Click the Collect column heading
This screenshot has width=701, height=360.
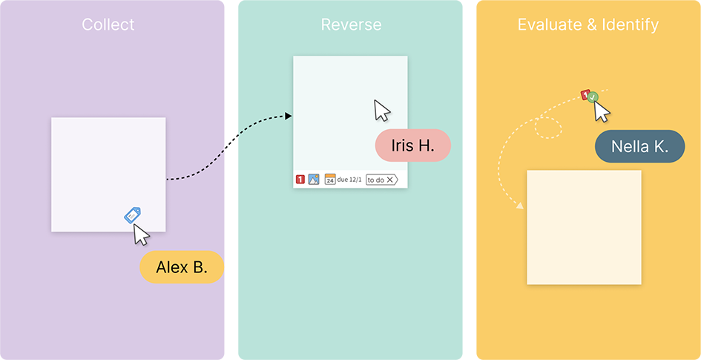click(x=108, y=24)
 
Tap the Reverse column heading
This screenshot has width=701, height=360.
click(x=351, y=24)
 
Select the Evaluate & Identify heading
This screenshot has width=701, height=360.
click(x=588, y=24)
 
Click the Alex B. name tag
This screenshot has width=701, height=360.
click(x=182, y=267)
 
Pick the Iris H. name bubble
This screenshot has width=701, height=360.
click(x=412, y=145)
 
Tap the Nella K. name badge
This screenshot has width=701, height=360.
click(x=639, y=147)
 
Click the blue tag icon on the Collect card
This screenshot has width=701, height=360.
click(x=132, y=215)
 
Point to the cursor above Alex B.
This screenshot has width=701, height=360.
click(x=140, y=234)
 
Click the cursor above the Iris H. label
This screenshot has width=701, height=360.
click(x=382, y=111)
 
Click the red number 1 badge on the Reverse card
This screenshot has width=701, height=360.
click(x=300, y=179)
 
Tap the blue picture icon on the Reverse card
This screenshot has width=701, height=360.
click(x=314, y=179)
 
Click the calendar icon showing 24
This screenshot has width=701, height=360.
click(x=330, y=180)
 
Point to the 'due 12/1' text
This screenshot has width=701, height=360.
click(x=349, y=180)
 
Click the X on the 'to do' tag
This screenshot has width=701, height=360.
click(x=391, y=180)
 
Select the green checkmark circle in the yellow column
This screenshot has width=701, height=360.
click(x=593, y=96)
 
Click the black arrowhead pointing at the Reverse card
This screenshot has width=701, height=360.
click(x=289, y=116)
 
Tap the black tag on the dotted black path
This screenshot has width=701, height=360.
click(x=231, y=141)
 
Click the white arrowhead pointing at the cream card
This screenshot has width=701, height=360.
click(x=521, y=206)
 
